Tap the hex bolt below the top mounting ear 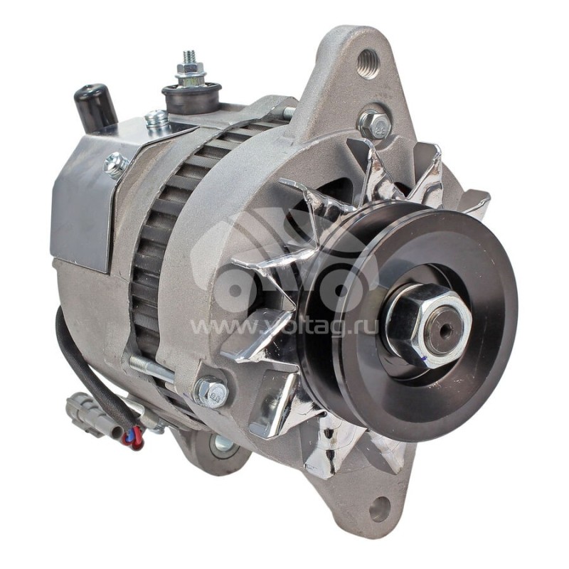tap(374, 124)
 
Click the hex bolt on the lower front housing tap(211, 392)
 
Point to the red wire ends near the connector tap(133, 439)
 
